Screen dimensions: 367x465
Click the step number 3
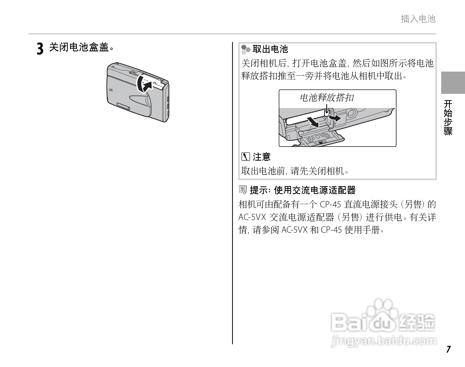[x=40, y=49]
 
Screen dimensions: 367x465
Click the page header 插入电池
[x=418, y=19]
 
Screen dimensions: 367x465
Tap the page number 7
[x=448, y=349]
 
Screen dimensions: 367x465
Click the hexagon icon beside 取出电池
[x=245, y=49]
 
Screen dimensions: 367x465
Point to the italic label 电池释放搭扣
[x=327, y=97]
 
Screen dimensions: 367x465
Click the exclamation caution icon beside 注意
[x=245, y=157]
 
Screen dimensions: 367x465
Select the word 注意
[x=262, y=157]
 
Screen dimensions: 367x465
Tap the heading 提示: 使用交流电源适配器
[x=302, y=190]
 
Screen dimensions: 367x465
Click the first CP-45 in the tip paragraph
[x=331, y=204]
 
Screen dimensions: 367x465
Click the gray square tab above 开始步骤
[x=453, y=83]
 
